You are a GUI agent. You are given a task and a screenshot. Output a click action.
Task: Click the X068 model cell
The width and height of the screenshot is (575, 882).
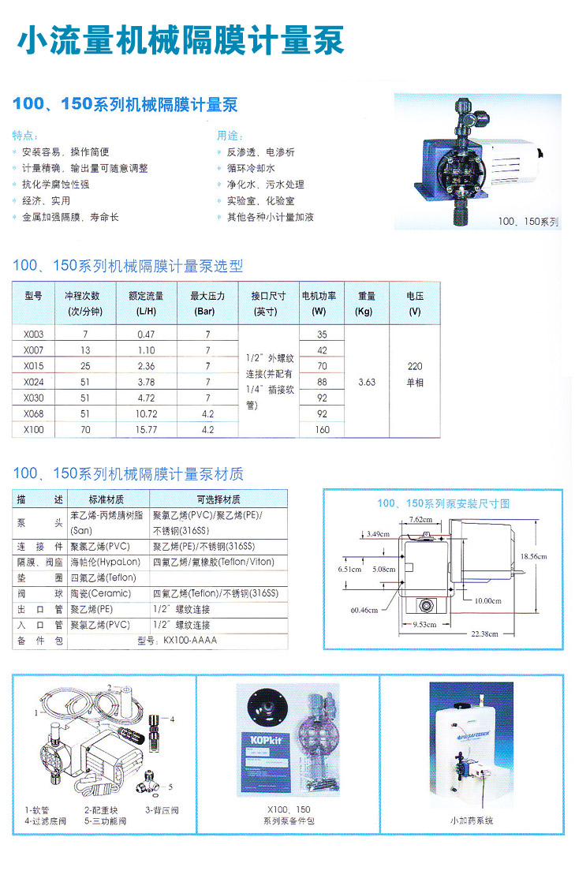33,414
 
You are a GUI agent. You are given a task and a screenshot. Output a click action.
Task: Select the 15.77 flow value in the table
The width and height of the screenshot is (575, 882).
146,430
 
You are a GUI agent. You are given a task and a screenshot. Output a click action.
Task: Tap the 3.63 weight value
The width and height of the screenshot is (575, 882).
367,383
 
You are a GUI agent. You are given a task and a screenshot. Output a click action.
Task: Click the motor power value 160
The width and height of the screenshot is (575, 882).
323,430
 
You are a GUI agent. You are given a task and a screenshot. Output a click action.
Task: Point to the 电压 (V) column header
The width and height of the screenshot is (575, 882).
415,304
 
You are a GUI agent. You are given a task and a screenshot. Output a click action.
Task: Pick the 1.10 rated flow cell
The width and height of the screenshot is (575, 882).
146,350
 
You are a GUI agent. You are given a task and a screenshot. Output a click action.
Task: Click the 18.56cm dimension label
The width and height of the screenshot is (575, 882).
533,557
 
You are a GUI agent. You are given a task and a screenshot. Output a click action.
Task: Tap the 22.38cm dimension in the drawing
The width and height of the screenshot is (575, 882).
484,634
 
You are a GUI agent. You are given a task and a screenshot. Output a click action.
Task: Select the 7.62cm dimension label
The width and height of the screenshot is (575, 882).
420,520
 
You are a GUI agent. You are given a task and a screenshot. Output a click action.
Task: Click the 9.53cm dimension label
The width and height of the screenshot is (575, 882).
425,624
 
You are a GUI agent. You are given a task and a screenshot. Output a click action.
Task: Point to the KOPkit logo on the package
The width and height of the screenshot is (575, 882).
265,740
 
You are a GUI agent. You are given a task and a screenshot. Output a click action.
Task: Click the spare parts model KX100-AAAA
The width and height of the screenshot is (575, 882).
190,641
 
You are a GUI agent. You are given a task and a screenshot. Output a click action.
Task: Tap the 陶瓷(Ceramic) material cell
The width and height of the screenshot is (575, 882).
101,593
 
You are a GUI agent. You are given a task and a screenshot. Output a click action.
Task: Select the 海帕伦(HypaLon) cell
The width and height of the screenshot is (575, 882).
105,562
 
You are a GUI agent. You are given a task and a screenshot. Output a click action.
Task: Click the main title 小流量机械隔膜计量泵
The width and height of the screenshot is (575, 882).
181,40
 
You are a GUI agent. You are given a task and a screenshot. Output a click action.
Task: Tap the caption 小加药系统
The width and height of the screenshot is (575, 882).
472,820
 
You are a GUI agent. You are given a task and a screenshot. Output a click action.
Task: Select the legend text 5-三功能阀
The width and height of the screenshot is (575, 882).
105,821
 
